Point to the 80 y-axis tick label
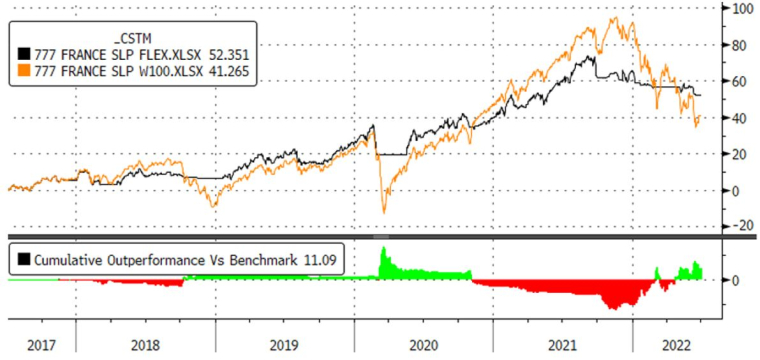[x=741, y=45]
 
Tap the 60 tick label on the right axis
[x=741, y=81]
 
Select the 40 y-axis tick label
[x=741, y=118]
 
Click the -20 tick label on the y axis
[x=740, y=226]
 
